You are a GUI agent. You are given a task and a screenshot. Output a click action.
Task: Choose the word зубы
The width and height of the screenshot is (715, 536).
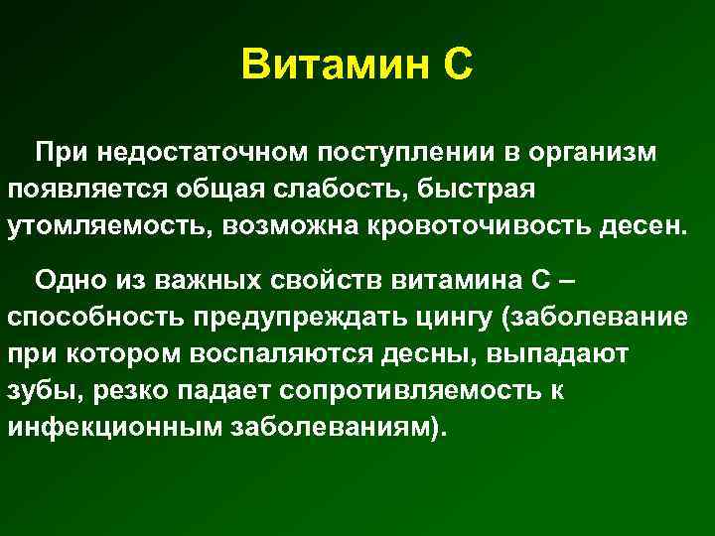click(40, 389)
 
